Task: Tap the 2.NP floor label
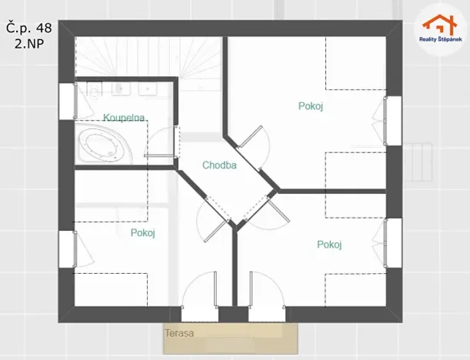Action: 28,45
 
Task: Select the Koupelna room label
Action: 125,118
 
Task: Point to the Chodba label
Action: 219,165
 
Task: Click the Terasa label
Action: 178,334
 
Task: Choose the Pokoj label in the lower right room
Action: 329,245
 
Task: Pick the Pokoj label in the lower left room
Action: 143,233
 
